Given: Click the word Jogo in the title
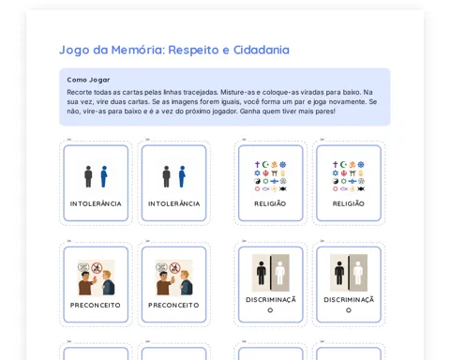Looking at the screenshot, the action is (x=74, y=50).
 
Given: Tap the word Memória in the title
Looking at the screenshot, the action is (x=138, y=50).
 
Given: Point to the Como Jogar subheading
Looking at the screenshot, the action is (x=88, y=80).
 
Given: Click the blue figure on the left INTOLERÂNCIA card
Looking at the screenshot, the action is (x=104, y=176).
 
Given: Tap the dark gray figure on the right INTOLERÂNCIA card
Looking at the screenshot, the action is (x=167, y=176).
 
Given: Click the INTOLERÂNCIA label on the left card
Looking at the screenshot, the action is (x=96, y=203).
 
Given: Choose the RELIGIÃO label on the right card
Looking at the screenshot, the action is (x=349, y=203).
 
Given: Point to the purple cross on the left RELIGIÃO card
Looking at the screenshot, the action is (x=257, y=164).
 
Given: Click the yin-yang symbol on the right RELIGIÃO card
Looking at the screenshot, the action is (x=336, y=181).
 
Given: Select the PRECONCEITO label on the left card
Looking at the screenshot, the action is (x=96, y=305).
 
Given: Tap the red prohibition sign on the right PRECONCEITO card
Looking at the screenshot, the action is (x=175, y=268).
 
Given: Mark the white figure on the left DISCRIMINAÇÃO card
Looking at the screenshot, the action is (x=280, y=273).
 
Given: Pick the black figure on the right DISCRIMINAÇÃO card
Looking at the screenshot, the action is (x=339, y=273).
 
